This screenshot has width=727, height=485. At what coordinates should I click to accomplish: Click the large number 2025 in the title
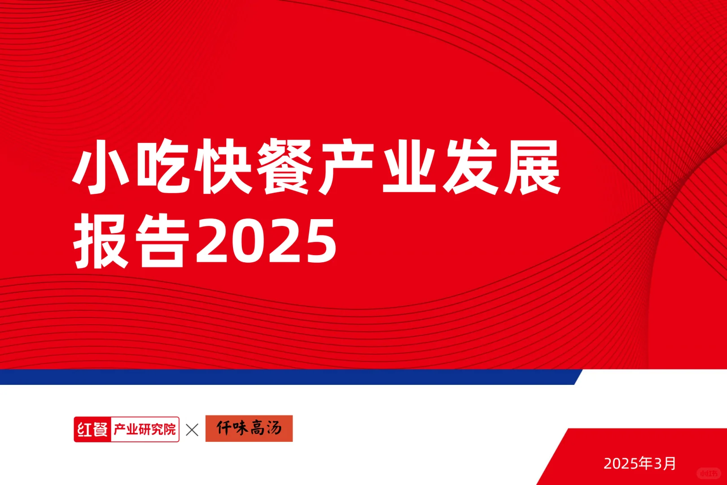[x=266, y=242]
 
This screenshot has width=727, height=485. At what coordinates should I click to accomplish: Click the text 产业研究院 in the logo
[x=145, y=430]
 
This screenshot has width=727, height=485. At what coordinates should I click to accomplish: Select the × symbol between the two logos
[x=192, y=430]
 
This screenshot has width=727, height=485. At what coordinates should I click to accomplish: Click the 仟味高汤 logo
[x=249, y=428]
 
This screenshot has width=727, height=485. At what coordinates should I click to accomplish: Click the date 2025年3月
[x=639, y=463]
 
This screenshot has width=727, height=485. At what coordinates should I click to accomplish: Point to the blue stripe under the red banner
[x=287, y=377]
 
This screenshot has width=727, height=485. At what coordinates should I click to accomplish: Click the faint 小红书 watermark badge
[x=709, y=473]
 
